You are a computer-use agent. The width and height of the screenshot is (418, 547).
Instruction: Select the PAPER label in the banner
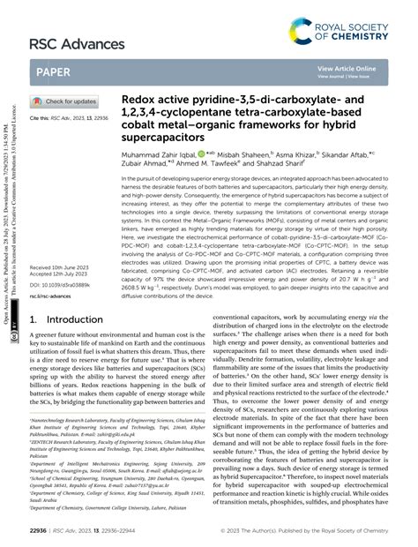coord(54,71)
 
